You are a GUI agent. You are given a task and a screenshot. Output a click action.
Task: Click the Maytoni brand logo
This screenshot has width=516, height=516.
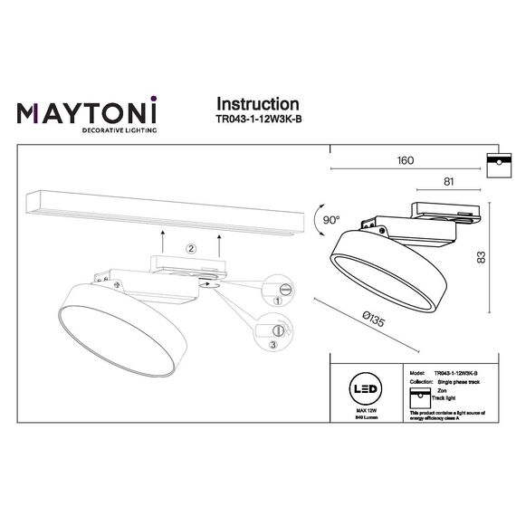[x=88, y=113]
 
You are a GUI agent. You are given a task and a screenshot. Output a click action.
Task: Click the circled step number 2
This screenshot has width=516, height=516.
[x=191, y=248]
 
